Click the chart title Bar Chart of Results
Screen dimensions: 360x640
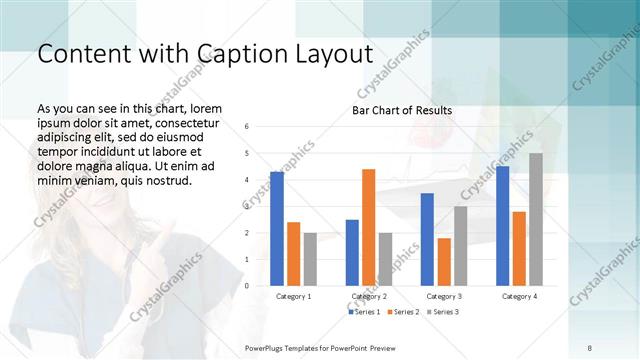(402, 110)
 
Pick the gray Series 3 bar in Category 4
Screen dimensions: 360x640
(536, 219)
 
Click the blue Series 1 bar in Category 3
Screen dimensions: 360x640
(427, 239)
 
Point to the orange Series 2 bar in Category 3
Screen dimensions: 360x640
(444, 261)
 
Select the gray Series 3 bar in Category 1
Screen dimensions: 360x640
(310, 259)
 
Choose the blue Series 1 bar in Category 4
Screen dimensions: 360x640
(502, 225)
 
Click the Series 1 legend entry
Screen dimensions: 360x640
(364, 312)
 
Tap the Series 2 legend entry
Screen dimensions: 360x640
(403, 312)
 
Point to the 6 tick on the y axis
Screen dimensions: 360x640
(247, 127)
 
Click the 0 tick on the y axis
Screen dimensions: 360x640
(247, 286)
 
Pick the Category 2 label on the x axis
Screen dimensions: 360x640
(368, 297)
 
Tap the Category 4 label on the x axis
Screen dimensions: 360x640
(518, 297)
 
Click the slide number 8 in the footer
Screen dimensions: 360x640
(590, 347)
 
